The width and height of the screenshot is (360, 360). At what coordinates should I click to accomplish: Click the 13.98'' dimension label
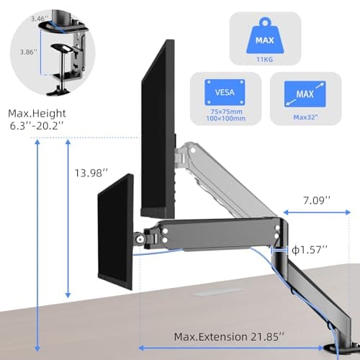[91, 173]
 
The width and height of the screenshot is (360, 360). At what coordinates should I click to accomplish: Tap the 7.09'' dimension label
[317, 200]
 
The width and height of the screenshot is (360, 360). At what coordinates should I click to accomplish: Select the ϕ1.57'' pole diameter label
[310, 250]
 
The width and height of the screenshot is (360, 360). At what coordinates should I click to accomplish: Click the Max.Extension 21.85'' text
[229, 337]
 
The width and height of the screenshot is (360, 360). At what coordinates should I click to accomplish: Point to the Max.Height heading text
[37, 114]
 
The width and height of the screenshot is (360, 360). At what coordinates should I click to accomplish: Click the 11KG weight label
[264, 59]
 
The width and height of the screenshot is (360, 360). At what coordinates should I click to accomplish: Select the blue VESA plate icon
[225, 92]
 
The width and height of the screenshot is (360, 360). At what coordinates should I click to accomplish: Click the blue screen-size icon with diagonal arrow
[305, 94]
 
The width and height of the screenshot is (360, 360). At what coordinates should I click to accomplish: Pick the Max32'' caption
[305, 117]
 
